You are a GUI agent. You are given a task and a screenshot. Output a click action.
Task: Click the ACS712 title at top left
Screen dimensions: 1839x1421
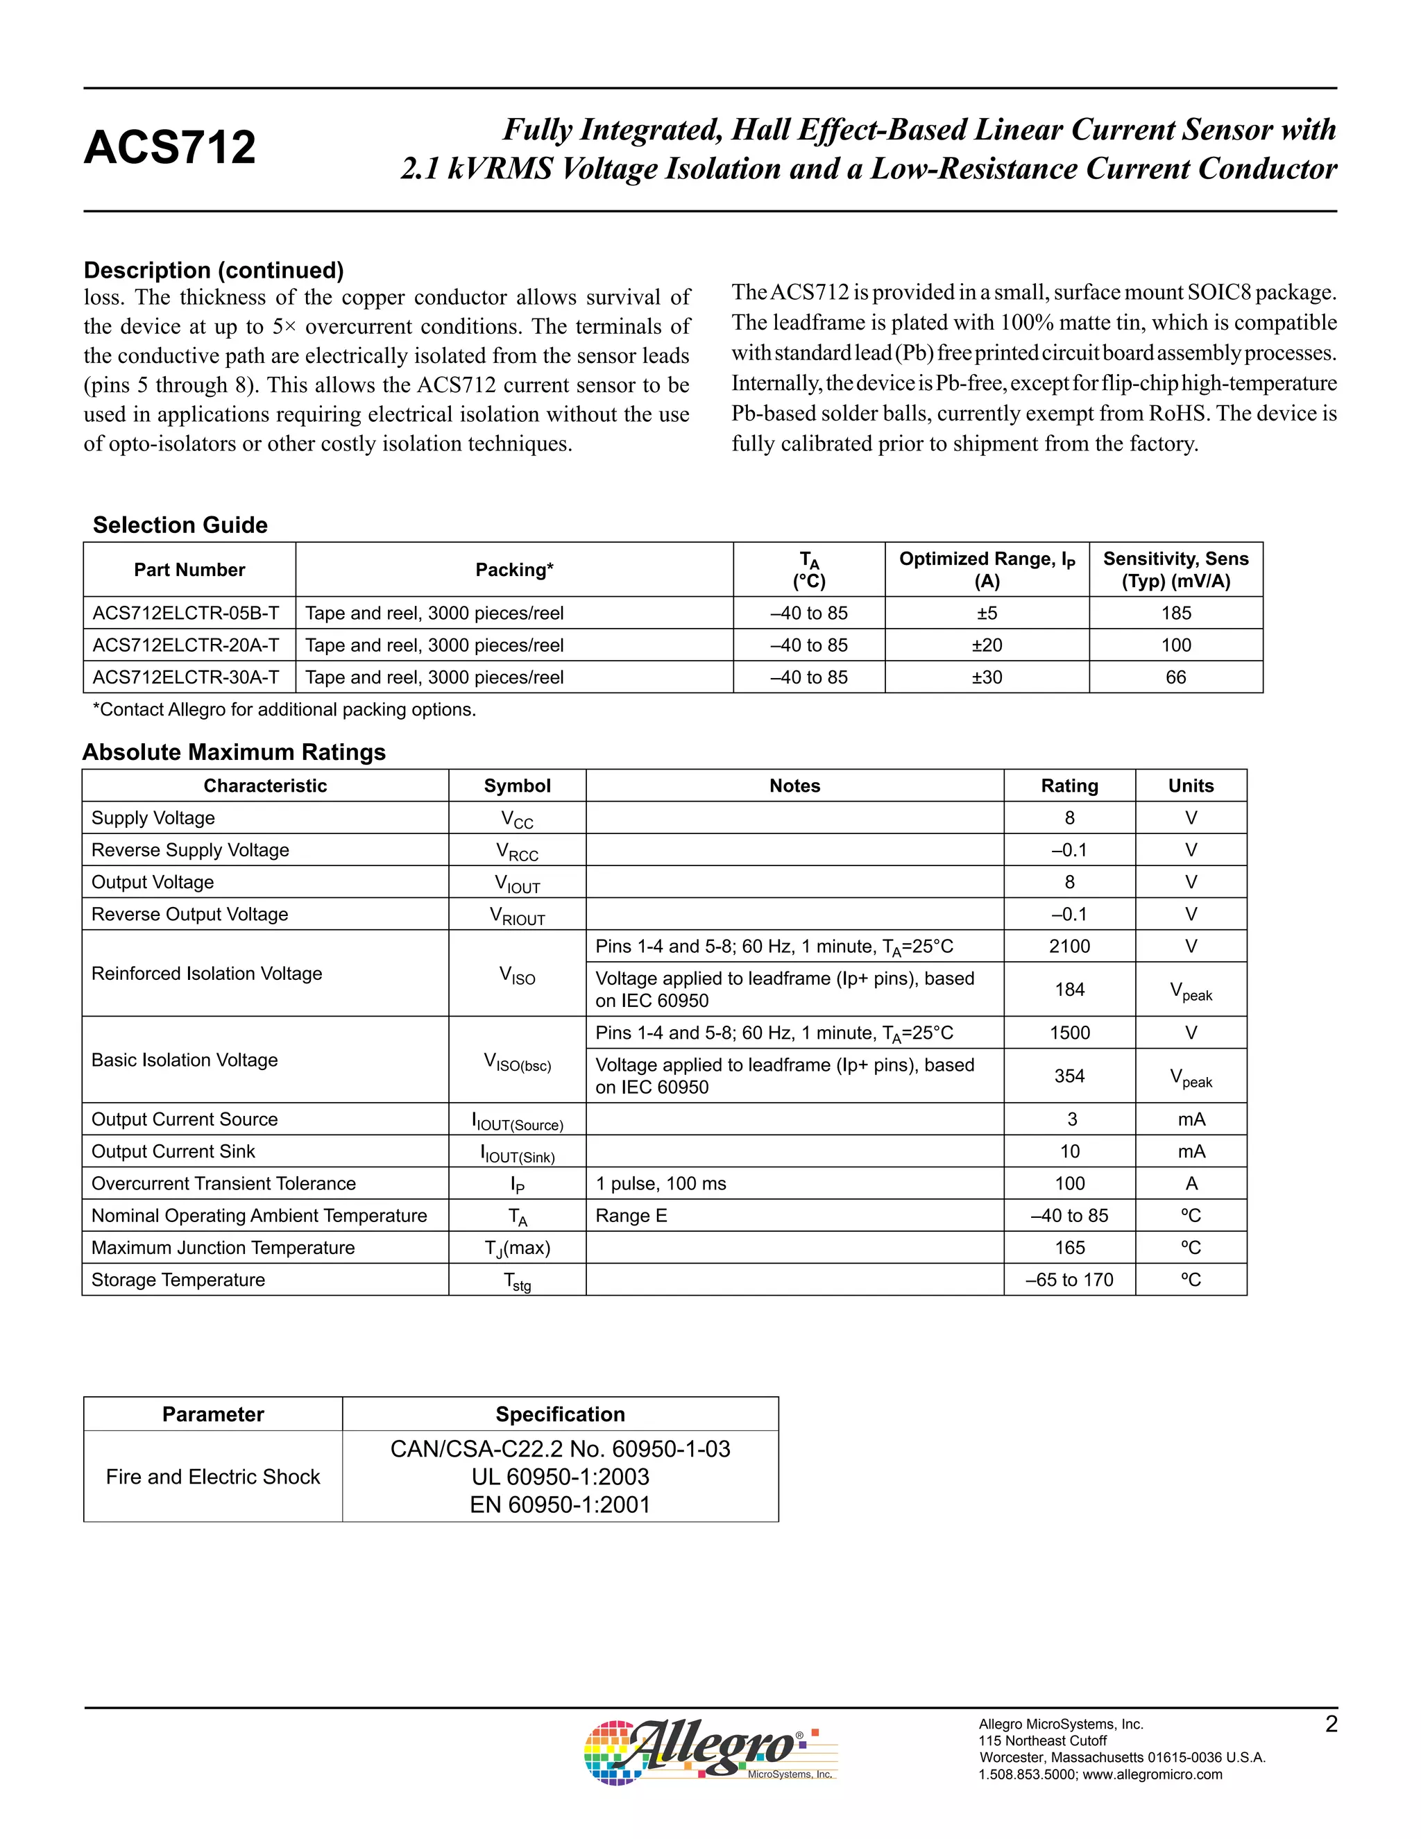pos(169,147)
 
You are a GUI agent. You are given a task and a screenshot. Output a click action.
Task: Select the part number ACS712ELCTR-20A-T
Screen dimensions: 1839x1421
pos(185,645)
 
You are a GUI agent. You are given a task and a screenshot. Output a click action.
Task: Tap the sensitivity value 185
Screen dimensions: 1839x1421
pos(1175,613)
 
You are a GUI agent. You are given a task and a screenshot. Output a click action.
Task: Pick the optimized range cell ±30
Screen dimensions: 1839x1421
pos(986,677)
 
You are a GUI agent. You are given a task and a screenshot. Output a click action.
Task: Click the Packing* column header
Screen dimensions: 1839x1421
pos(513,570)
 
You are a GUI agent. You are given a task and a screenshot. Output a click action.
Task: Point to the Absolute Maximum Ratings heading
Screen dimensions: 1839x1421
pos(234,752)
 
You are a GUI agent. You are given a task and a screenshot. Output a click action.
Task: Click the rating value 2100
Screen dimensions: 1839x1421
pos(1069,947)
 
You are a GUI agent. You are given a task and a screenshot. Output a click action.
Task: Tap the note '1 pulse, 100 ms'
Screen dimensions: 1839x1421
pos(661,1184)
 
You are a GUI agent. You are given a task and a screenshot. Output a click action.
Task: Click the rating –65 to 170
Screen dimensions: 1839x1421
pos(1069,1280)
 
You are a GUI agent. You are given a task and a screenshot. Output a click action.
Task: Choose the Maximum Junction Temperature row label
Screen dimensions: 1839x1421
pos(223,1248)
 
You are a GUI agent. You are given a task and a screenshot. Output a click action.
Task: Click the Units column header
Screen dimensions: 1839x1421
pos(1191,786)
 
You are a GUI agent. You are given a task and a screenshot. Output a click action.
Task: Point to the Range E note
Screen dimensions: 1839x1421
pos(631,1216)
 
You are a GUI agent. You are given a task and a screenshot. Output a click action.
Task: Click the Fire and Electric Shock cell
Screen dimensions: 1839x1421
pos(213,1477)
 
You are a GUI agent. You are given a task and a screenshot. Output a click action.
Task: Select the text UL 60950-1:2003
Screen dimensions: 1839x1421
pos(560,1477)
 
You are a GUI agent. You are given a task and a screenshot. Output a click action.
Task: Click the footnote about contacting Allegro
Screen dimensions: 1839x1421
pos(284,710)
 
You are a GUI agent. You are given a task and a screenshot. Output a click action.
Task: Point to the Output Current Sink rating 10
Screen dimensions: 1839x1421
pos(1069,1152)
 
